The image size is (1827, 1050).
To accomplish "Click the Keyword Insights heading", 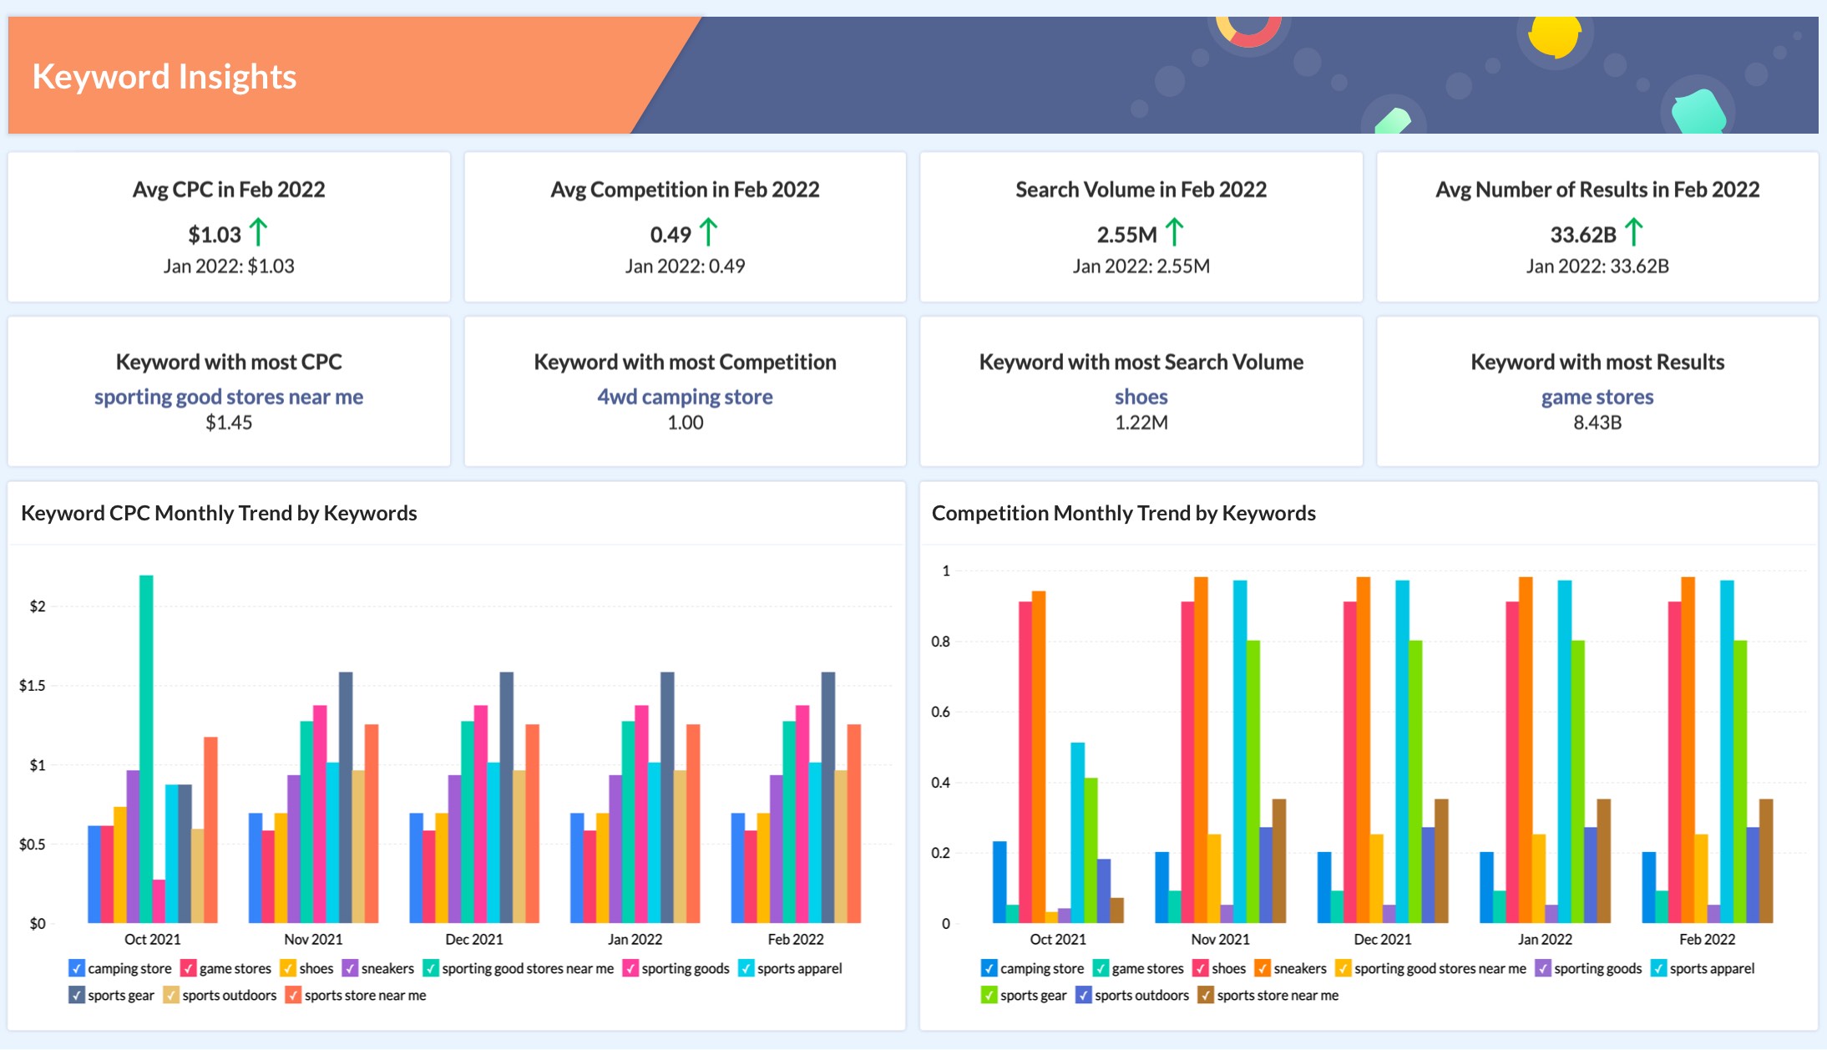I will (x=164, y=77).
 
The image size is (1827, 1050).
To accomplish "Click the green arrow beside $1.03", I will (x=259, y=232).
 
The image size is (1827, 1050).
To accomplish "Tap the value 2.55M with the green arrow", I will (x=1126, y=235).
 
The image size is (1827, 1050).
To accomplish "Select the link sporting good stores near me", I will (x=229, y=397).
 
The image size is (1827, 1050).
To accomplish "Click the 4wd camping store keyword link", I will (x=685, y=397).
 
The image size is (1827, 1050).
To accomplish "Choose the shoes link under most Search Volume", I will (x=1141, y=397).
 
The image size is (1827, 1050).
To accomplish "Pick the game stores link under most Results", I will (x=1597, y=397).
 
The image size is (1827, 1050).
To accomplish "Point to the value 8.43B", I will (x=1597, y=423).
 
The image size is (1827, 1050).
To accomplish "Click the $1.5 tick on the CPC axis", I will (x=33, y=686).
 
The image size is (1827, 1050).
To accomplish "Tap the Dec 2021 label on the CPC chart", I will (x=474, y=939).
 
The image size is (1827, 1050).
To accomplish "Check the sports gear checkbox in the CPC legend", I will (x=77, y=995).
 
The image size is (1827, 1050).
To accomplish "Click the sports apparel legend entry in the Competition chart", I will (x=1711, y=968).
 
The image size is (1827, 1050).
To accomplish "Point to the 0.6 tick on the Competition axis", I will (x=940, y=712).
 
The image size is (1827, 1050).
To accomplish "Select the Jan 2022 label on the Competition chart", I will (x=1545, y=939).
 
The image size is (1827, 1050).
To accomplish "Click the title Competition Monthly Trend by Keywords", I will (x=1123, y=513).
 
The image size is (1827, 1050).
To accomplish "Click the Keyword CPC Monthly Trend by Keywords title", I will (x=219, y=513).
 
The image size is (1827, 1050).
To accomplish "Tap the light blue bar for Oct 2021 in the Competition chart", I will (x=1078, y=832).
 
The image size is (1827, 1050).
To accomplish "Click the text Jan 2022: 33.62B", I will (x=1597, y=266).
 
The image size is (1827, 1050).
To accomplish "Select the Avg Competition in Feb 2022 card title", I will (x=685, y=190).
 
